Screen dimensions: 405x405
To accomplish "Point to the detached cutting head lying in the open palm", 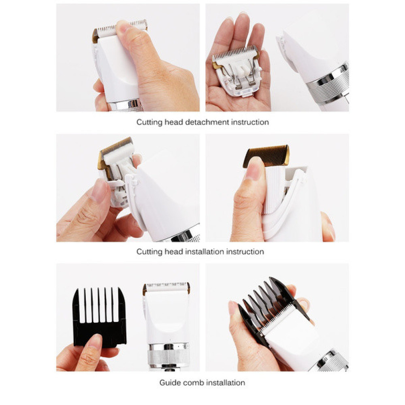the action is click(x=236, y=71).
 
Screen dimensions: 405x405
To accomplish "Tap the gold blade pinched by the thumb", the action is click(x=266, y=156).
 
